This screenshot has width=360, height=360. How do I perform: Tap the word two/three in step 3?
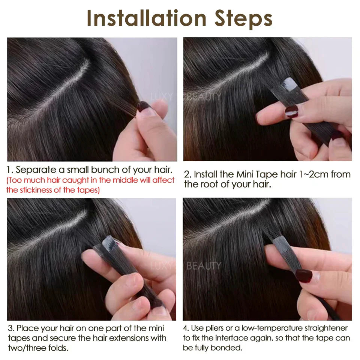click(x=26, y=348)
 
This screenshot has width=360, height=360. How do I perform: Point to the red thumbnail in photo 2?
click(x=291, y=111)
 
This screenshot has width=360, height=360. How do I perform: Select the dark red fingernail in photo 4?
click(x=303, y=276)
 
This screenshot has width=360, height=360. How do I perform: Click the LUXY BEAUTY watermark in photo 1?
click(x=186, y=96)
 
